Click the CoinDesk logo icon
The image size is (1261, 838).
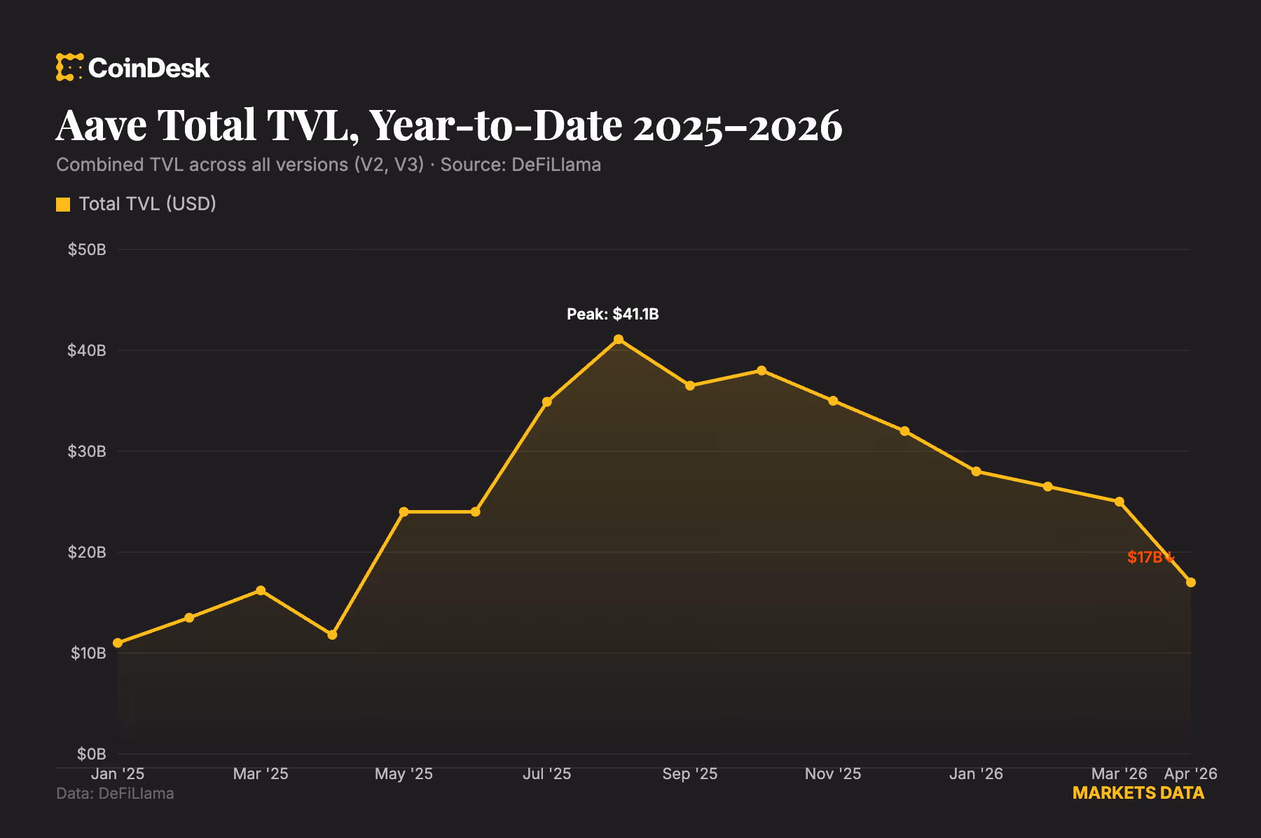pyautogui.click(x=69, y=67)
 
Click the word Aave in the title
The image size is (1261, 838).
pyautogui.click(x=102, y=126)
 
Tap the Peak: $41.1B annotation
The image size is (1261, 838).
pyautogui.click(x=612, y=314)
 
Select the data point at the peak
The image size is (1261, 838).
pyautogui.click(x=619, y=340)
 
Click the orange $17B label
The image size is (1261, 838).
pyautogui.click(x=1145, y=557)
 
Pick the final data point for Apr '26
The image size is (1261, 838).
pyautogui.click(x=1191, y=583)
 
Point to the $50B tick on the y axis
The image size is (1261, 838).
pyautogui.click(x=87, y=249)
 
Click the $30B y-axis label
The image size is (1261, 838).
pyautogui.click(x=87, y=451)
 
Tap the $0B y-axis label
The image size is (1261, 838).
pyautogui.click(x=91, y=754)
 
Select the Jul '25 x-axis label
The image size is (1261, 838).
pyautogui.click(x=547, y=774)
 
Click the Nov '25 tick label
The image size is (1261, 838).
pyautogui.click(x=833, y=774)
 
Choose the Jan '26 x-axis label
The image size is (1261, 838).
pyautogui.click(x=976, y=774)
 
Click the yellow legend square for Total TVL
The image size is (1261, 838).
pyautogui.click(x=63, y=205)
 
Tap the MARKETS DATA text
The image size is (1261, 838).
pyautogui.click(x=1138, y=793)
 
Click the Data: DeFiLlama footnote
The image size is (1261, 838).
pyautogui.click(x=115, y=793)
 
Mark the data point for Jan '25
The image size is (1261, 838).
pyautogui.click(x=118, y=643)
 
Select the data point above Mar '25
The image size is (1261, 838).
pyautogui.click(x=261, y=591)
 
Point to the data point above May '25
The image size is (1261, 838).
pyautogui.click(x=404, y=512)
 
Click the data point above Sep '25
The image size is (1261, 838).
pyautogui.click(x=690, y=386)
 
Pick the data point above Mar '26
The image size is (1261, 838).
pyautogui.click(x=1119, y=502)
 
